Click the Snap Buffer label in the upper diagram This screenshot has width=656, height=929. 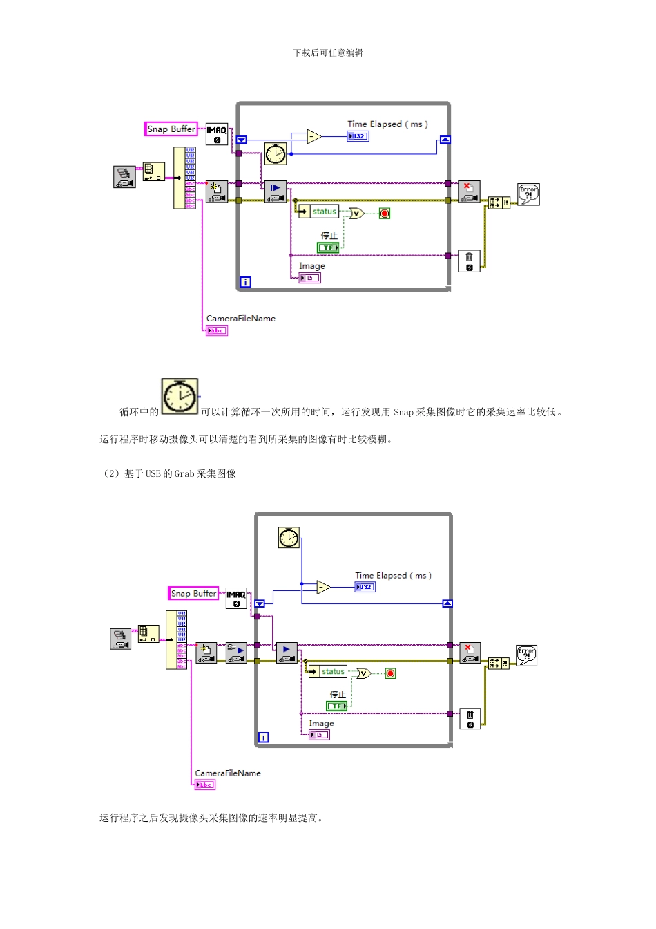coord(171,129)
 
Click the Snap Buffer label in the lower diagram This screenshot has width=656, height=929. coord(193,594)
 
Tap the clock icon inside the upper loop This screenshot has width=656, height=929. coord(276,153)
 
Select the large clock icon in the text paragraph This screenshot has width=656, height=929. coord(180,397)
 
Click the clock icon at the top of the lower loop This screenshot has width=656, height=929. coord(289,537)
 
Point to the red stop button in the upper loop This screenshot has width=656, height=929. coord(385,214)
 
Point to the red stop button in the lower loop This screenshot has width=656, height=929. coord(390,673)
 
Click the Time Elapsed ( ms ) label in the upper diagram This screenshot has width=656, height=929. coord(387,124)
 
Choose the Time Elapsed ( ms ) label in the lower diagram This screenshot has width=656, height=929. coord(393,575)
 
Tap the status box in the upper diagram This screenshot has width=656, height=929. coord(323,212)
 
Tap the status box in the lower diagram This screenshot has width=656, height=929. coord(332,672)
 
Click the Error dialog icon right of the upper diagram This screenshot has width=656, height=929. coord(528,194)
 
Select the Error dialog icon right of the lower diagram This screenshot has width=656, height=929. coord(527,655)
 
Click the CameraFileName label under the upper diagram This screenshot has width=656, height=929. coord(240,319)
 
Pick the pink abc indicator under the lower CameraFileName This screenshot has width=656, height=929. coord(205,785)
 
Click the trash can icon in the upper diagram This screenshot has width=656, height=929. coord(469,261)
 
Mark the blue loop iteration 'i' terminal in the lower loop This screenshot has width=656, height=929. coord(263,738)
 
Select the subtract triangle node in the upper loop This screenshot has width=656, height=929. coord(313,136)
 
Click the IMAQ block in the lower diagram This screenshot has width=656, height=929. coord(236,599)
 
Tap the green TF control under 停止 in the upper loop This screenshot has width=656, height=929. coord(329,247)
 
